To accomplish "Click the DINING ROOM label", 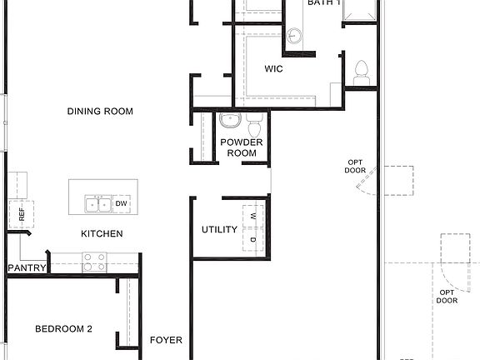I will (x=101, y=112).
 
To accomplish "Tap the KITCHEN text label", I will (x=102, y=234).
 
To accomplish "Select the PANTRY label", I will (x=26, y=267).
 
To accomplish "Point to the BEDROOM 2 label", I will (x=63, y=329).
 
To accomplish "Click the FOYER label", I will (x=166, y=340).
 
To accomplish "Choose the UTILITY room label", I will (x=220, y=230).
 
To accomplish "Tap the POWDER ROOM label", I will (x=242, y=147).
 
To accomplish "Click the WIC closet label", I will (x=273, y=69).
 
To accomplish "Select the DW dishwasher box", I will (x=121, y=204).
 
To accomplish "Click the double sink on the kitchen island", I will (x=97, y=204).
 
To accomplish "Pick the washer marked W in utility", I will (x=253, y=217).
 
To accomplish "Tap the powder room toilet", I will (x=254, y=127).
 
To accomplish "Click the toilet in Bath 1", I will (x=362, y=72).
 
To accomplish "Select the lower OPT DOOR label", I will (x=447, y=296).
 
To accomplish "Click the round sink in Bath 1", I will (x=294, y=35).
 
